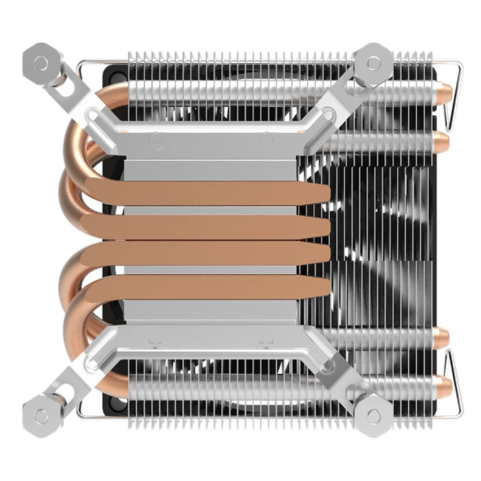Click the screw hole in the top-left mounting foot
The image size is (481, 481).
click(41, 63)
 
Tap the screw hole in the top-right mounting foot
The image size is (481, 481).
click(374, 63)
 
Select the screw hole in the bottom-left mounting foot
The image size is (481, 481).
click(41, 416)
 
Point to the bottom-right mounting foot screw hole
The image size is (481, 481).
click(374, 416)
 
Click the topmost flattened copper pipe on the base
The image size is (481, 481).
click(206, 194)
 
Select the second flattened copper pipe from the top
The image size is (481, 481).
click(206, 225)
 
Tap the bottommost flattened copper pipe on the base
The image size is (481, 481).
click(206, 286)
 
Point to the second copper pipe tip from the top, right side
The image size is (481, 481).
click(442, 142)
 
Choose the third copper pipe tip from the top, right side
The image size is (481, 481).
click(441, 337)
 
